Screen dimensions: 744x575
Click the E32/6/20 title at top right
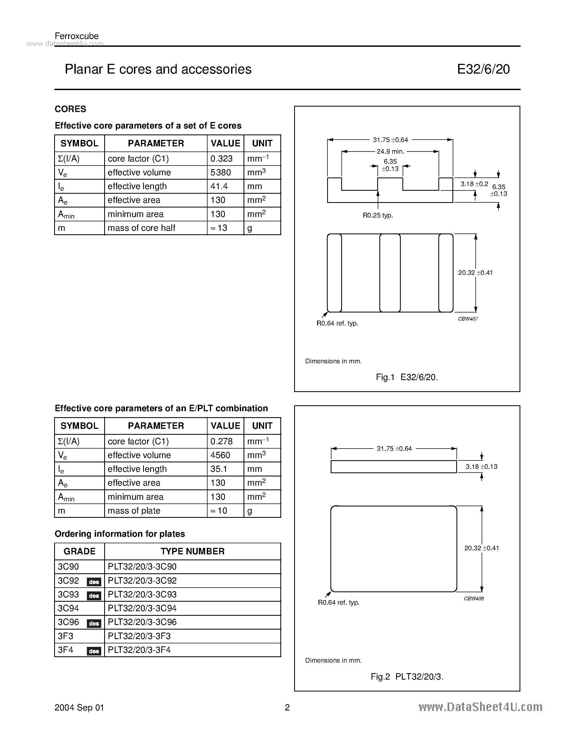(483, 69)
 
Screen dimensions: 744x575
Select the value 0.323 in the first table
(221, 159)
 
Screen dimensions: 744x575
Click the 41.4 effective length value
(219, 186)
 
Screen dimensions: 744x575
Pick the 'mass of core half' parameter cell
(141, 228)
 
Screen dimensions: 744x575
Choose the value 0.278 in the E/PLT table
(221, 441)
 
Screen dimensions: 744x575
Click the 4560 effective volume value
(220, 455)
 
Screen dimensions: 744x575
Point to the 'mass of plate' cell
(134, 511)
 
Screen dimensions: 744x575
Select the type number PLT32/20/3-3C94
(142, 608)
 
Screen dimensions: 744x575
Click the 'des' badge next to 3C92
(94, 582)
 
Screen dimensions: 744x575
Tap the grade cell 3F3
(65, 636)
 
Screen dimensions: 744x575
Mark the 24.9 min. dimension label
(390, 152)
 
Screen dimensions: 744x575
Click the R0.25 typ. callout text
(378, 215)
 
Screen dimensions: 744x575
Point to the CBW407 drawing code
(468, 319)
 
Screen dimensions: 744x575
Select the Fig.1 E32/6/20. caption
(407, 377)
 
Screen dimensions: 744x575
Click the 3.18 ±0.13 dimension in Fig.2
(481, 467)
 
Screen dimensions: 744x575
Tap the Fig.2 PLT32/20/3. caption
(407, 677)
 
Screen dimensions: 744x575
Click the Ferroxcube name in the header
(77, 36)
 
